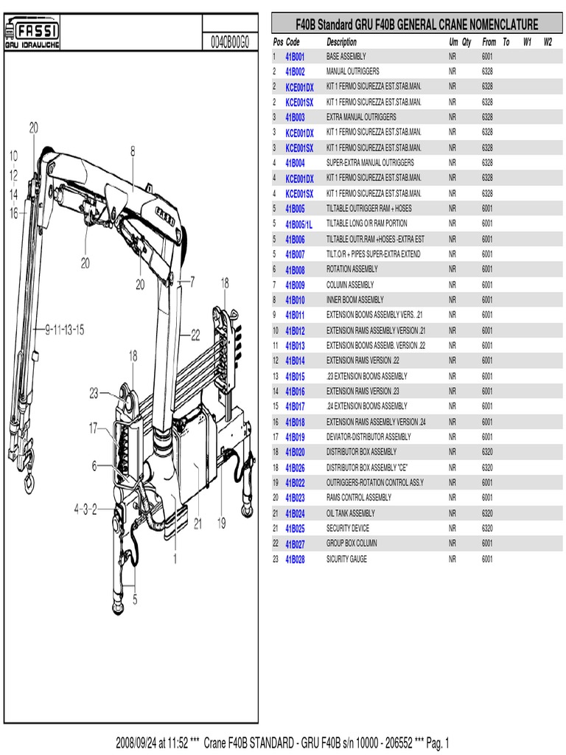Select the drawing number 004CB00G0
point(229,43)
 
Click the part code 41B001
point(295,56)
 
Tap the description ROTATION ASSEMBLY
point(352,270)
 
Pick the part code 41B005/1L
point(298,224)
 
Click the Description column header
point(341,42)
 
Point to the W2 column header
point(548,42)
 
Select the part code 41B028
point(295,560)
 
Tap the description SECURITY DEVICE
point(348,529)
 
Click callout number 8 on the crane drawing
point(133,150)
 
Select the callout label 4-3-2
point(85,508)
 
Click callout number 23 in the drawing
point(94,393)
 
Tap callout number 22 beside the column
point(195,334)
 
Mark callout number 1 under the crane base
point(175,559)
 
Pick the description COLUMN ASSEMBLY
point(350,285)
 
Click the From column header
point(489,42)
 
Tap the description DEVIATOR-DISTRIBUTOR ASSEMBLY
point(368,437)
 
